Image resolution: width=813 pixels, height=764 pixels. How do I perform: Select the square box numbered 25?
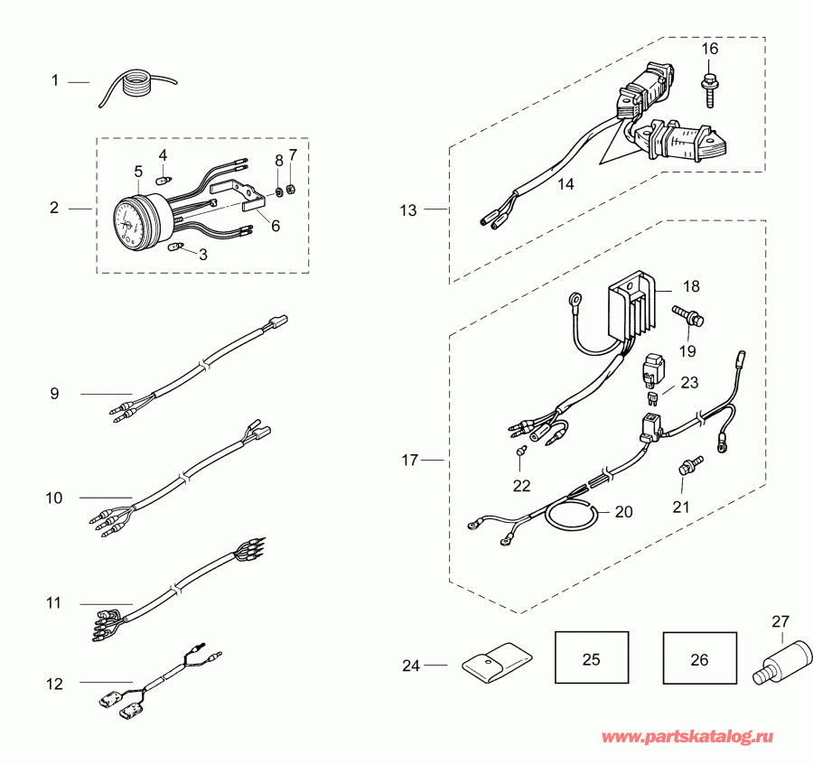coord(591,659)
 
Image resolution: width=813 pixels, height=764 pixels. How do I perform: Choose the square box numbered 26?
coord(699,659)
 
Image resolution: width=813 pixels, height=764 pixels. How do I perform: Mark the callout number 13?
coord(408,210)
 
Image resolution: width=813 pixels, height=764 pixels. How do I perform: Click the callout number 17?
coord(410,461)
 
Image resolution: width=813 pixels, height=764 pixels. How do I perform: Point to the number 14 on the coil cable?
coord(565,184)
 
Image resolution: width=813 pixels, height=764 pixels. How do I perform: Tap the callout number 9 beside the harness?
coord(54,393)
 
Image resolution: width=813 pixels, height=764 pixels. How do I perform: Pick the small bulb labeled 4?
coord(163,178)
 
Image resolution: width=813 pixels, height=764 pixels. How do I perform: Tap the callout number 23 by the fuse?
coord(689,383)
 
